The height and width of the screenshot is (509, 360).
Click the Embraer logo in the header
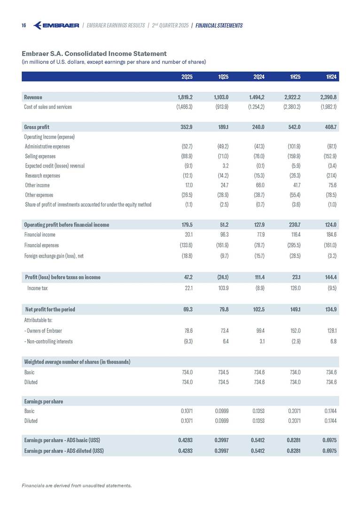tap(56, 25)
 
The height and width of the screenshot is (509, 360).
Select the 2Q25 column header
tap(186, 76)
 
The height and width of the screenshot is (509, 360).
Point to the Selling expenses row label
tap(40, 156)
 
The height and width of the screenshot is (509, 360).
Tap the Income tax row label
tap(38, 288)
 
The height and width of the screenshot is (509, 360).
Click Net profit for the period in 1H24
tap(329, 310)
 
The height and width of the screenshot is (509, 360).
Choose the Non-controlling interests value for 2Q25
tap(187, 341)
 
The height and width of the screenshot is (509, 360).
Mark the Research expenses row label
tap(42, 175)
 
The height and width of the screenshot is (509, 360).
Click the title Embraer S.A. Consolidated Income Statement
tap(94, 54)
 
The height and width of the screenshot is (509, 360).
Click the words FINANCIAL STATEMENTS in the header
tap(219, 25)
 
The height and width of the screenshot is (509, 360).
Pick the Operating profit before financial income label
tap(66, 225)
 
